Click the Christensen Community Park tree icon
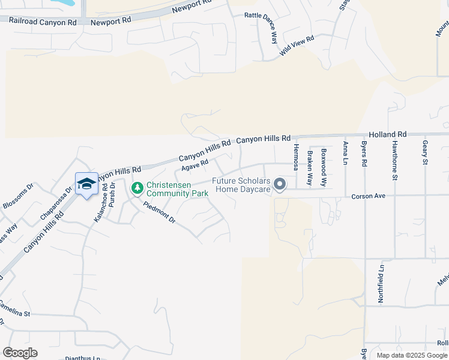[137, 188]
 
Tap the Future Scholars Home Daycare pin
[279, 184]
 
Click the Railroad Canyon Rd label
[43, 22]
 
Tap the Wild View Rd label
[297, 46]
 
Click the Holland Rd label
[387, 134]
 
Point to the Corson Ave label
[367, 196]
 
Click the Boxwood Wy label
[324, 167]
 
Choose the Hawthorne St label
[395, 161]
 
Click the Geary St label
[425, 153]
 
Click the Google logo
[20, 353]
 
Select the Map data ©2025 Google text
[412, 355]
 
